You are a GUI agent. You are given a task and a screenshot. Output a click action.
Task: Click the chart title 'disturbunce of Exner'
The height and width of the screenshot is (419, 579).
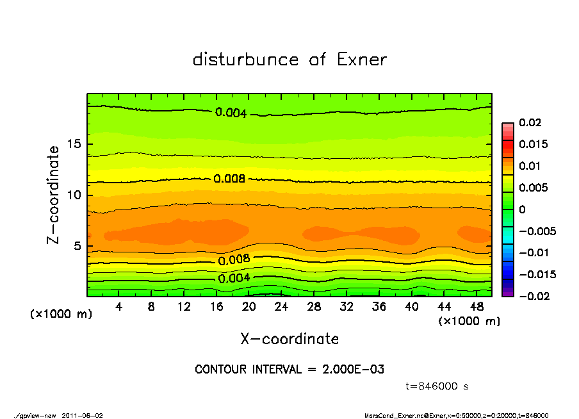click(x=289, y=60)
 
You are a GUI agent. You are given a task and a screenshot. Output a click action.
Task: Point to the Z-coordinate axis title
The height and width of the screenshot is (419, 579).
click(x=54, y=195)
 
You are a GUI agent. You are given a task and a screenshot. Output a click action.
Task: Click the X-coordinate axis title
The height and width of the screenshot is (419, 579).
click(x=289, y=339)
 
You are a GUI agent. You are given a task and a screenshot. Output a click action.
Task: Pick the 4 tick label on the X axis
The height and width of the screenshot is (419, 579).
click(x=119, y=307)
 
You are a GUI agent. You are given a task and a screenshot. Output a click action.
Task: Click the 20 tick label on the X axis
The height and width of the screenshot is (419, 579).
click(x=249, y=307)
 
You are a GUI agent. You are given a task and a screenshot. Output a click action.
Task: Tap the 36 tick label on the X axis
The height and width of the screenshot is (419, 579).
click(x=379, y=307)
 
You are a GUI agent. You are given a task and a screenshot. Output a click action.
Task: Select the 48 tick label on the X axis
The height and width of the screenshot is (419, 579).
click(x=477, y=307)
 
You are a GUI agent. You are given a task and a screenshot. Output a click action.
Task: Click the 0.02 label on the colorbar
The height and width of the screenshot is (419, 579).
click(x=531, y=122)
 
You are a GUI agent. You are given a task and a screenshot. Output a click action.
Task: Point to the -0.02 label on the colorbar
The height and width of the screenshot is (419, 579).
click(x=532, y=296)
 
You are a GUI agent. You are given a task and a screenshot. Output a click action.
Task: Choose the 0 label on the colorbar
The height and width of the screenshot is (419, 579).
click(x=522, y=209)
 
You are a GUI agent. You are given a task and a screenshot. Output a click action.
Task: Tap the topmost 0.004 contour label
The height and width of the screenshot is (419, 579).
click(x=231, y=113)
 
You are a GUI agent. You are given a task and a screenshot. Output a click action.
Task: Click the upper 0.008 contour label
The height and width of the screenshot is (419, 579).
click(x=229, y=179)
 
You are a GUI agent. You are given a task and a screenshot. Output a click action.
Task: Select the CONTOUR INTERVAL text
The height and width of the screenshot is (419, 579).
click(x=289, y=370)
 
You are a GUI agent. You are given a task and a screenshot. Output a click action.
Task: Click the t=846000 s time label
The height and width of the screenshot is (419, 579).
click(x=438, y=386)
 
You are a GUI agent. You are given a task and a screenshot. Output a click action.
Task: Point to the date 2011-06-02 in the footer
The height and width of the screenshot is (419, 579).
click(x=83, y=415)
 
